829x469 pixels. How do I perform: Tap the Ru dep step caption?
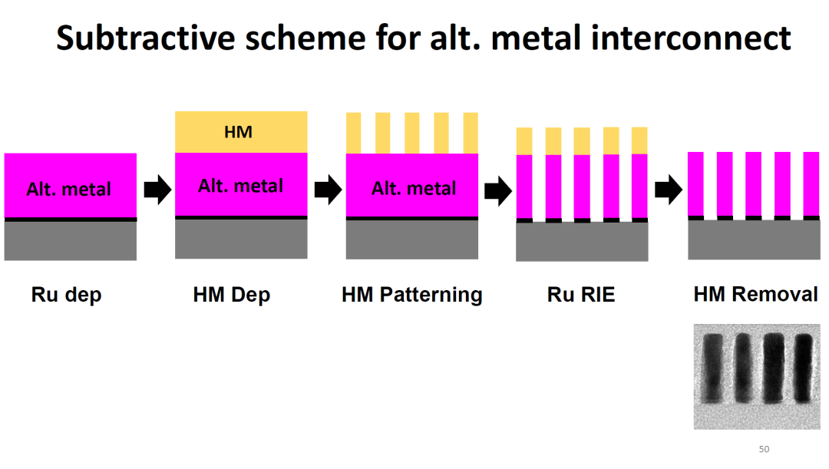(66, 295)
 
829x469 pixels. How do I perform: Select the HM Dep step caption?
(232, 295)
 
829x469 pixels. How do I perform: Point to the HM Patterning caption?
(412, 295)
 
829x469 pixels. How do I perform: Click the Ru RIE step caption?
(581, 295)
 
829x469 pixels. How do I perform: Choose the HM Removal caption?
(755, 295)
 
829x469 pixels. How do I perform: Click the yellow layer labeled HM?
(241, 132)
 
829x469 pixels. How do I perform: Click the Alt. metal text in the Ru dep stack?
(69, 189)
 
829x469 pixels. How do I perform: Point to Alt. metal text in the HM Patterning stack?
(414, 188)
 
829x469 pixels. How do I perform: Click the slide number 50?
(764, 449)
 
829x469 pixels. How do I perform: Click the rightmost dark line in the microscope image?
(803, 368)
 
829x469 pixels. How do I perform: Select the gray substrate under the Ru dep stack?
(71, 241)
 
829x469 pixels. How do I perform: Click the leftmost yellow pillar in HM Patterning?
(354, 133)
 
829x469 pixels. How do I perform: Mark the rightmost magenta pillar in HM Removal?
(811, 183)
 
